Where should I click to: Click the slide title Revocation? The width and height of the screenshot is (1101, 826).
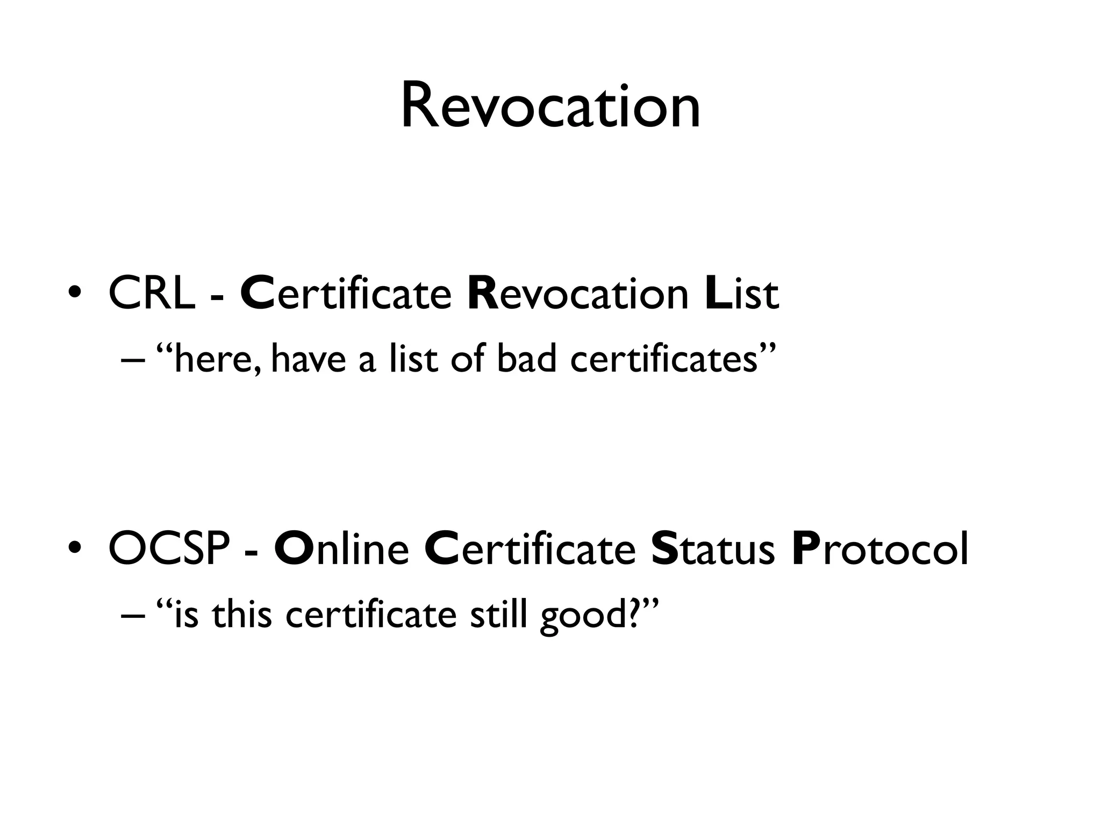[550, 106]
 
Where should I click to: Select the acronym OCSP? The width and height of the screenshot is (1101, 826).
[169, 549]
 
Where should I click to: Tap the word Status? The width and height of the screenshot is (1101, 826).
[713, 549]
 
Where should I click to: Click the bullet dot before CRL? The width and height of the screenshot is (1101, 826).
[75, 295]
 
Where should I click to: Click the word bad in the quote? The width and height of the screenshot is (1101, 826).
[527, 359]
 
